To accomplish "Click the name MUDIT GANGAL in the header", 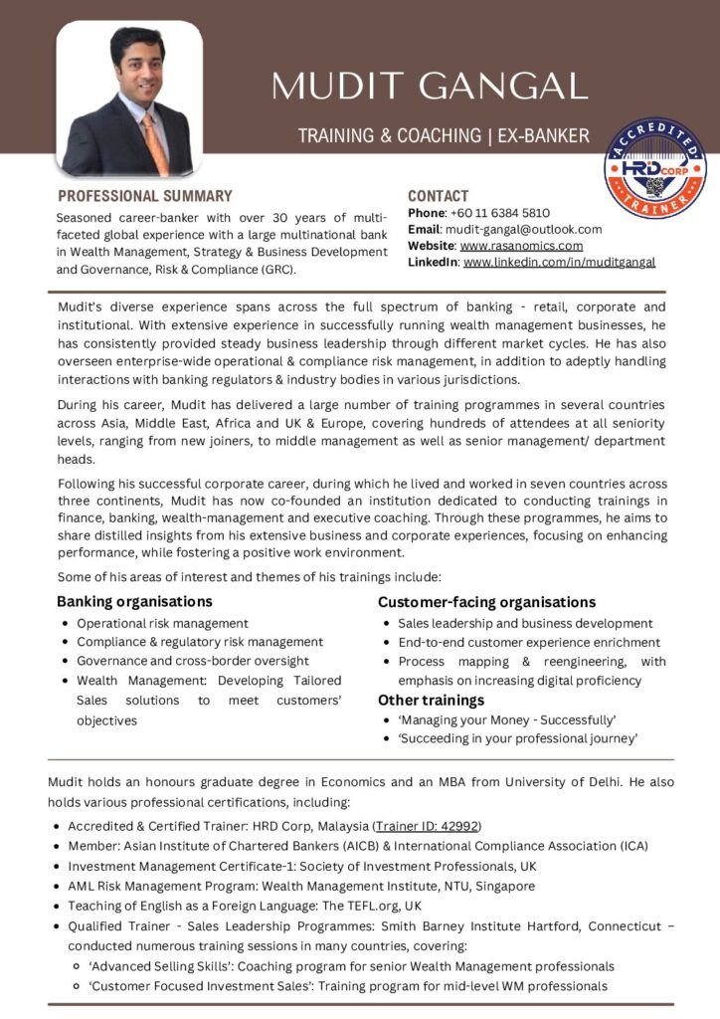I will coord(430,86).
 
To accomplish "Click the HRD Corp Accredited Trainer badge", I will coord(654,169).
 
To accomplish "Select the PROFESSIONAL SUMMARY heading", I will coord(144,196).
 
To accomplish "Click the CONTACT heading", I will coord(438,196).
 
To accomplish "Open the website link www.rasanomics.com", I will coord(521,246).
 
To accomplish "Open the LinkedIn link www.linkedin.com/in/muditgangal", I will coord(559,262).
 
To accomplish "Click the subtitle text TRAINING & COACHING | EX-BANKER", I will coord(444,135).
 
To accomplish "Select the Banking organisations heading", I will coord(134,601).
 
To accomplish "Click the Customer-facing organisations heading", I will coord(486,601).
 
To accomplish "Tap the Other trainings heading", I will coord(431,700).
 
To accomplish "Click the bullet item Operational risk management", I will coord(162,624).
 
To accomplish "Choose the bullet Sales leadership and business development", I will coord(525,624).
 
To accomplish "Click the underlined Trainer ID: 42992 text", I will coord(427,826).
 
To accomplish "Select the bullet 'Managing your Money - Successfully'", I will coord(507,719).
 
